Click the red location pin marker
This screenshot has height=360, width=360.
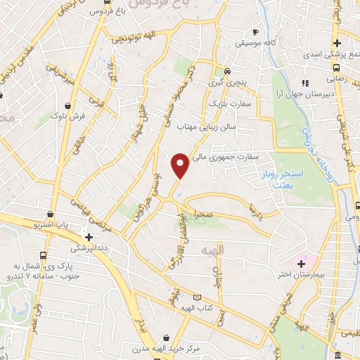[x=180, y=166]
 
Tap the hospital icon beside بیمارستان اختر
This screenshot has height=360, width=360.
[x=302, y=262]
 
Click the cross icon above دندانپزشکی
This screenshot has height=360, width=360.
[x=89, y=238]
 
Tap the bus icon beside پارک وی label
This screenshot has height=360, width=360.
[x=44, y=255]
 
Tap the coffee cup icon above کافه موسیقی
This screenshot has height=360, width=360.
[x=256, y=32]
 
